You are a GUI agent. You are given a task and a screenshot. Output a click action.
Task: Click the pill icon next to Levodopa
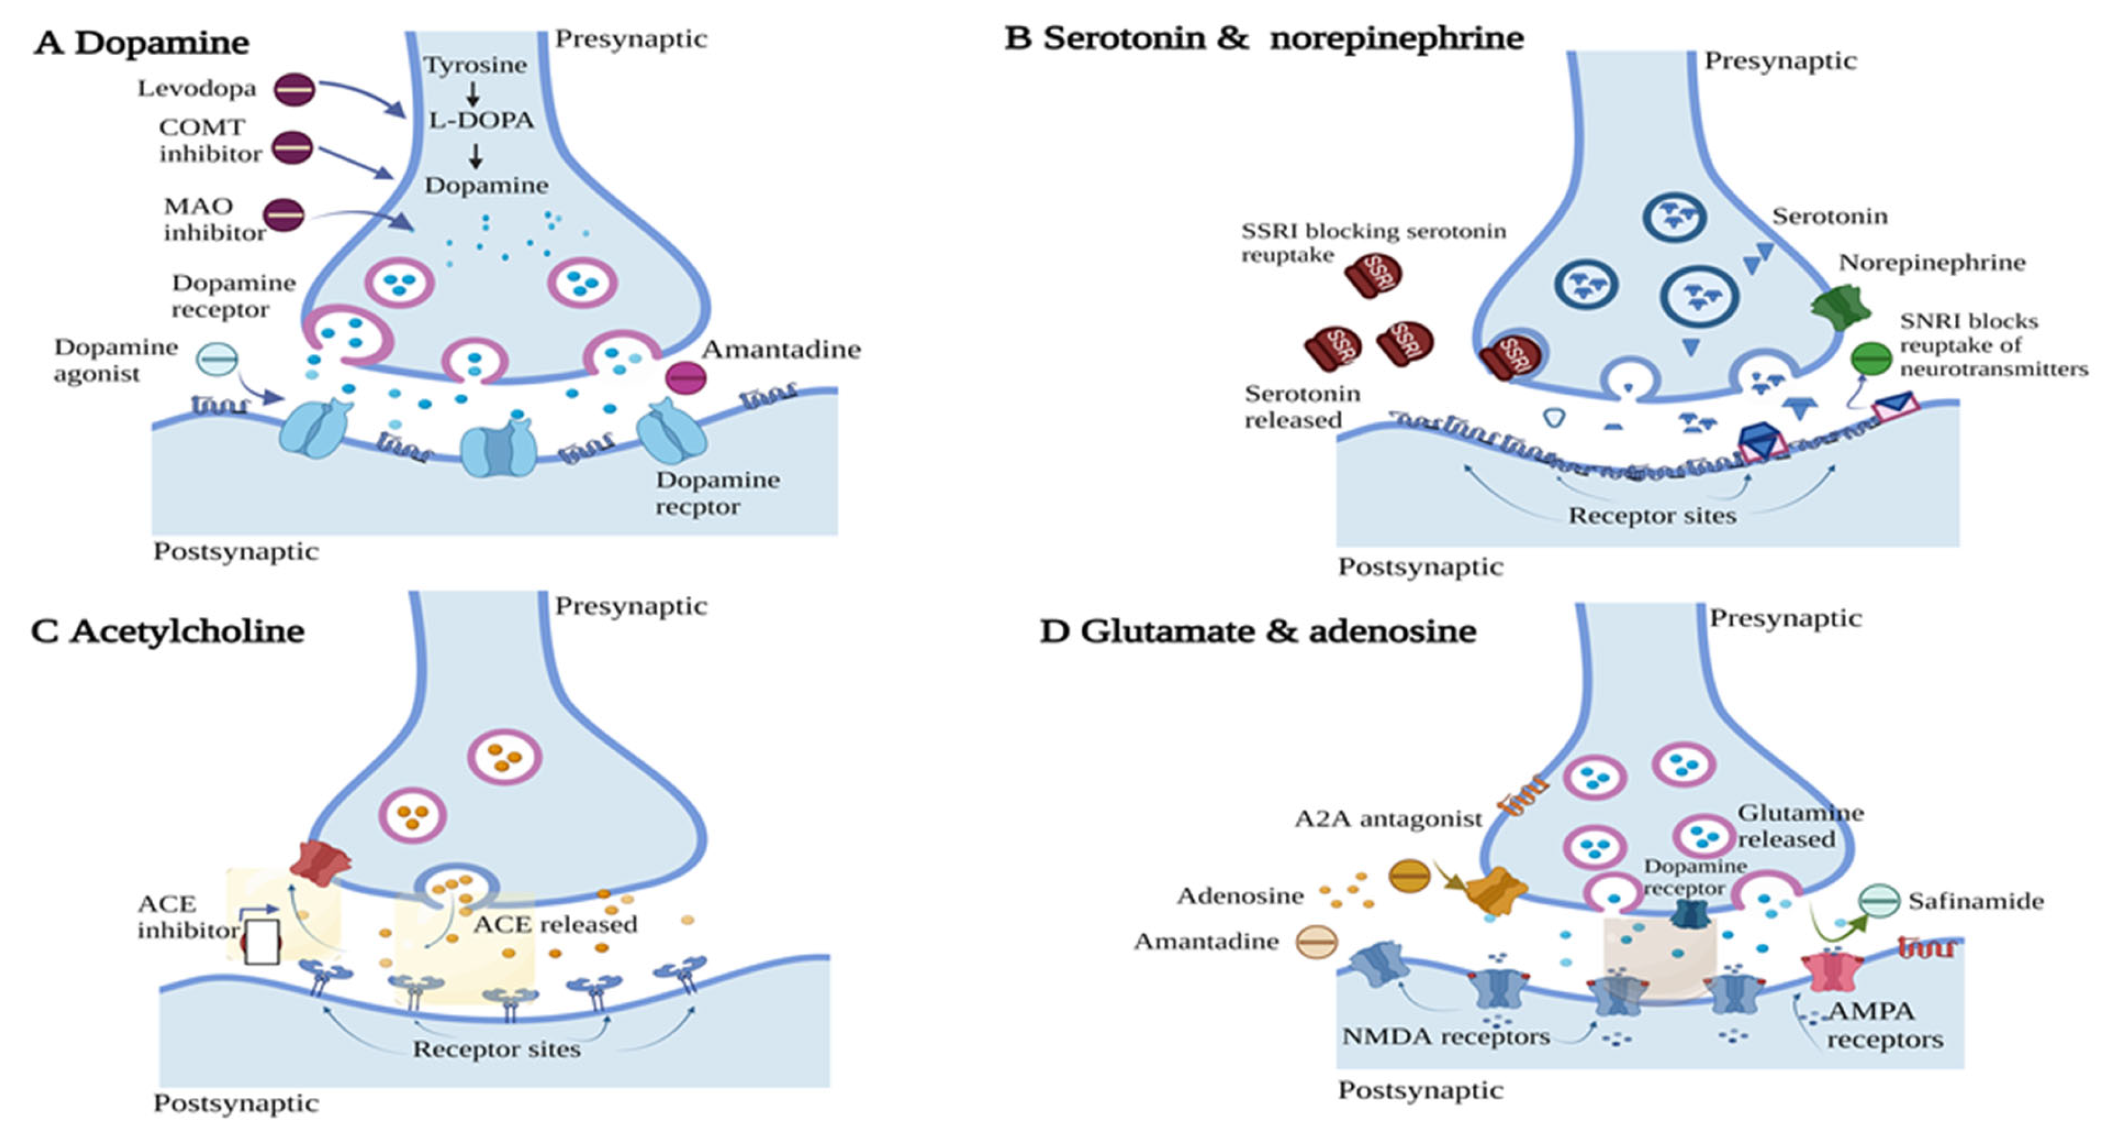294,89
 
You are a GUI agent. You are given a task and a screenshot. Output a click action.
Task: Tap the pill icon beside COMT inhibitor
292,148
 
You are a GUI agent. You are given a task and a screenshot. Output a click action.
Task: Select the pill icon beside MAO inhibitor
284,215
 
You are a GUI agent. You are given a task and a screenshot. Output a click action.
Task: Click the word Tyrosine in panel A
475,65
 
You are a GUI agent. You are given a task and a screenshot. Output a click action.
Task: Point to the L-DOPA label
481,120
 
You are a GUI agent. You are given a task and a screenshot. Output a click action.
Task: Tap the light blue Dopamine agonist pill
217,359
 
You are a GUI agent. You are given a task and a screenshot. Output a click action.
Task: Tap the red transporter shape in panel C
319,863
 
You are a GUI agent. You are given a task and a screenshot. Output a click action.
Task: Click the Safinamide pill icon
1878,901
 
